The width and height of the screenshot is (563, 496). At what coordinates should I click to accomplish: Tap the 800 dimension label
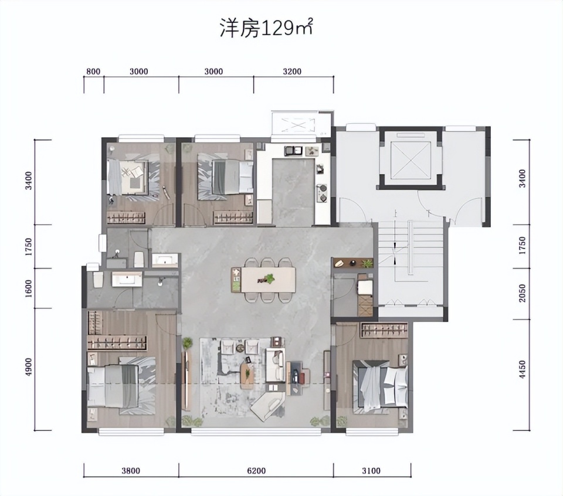(x=93, y=72)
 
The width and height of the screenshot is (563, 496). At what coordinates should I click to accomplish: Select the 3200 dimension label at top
(x=292, y=72)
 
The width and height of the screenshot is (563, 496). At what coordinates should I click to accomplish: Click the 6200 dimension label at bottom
(x=256, y=471)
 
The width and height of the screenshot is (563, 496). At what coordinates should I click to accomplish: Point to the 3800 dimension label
(x=130, y=471)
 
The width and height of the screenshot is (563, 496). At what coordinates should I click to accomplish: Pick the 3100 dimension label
(x=371, y=471)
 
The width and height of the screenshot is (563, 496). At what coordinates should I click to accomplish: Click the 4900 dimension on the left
(x=29, y=367)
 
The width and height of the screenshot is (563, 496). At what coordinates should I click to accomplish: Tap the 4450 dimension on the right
(x=522, y=369)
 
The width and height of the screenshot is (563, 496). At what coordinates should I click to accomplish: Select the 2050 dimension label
(x=522, y=293)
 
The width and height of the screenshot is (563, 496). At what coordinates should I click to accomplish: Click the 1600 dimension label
(x=29, y=288)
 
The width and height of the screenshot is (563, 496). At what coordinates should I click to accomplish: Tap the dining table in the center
(x=268, y=280)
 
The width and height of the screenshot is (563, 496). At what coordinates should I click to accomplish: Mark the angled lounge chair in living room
(x=267, y=406)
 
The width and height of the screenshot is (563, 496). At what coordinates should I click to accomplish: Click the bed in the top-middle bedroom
(x=233, y=177)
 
